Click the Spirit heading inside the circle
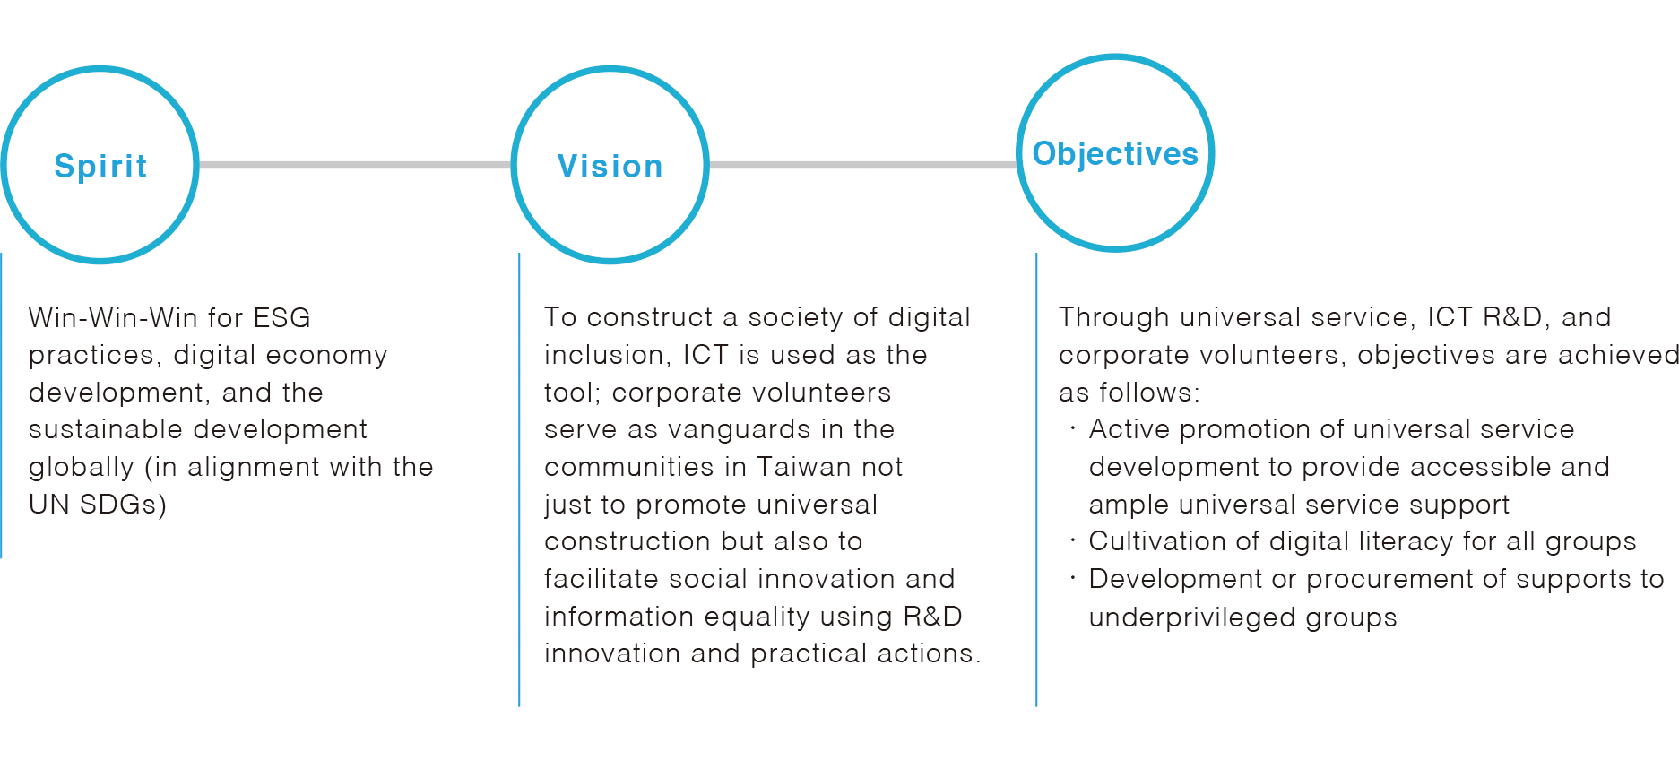pyautogui.click(x=100, y=167)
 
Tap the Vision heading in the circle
pyautogui.click(x=610, y=167)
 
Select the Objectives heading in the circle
pyautogui.click(x=1115, y=154)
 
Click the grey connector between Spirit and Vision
pyautogui.click(x=355, y=165)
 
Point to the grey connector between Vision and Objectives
pyautogui.click(x=863, y=165)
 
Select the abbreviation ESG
pyautogui.click(x=282, y=318)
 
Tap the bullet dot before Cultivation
pyautogui.click(x=1072, y=540)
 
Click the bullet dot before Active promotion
pyautogui.click(x=1072, y=428)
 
